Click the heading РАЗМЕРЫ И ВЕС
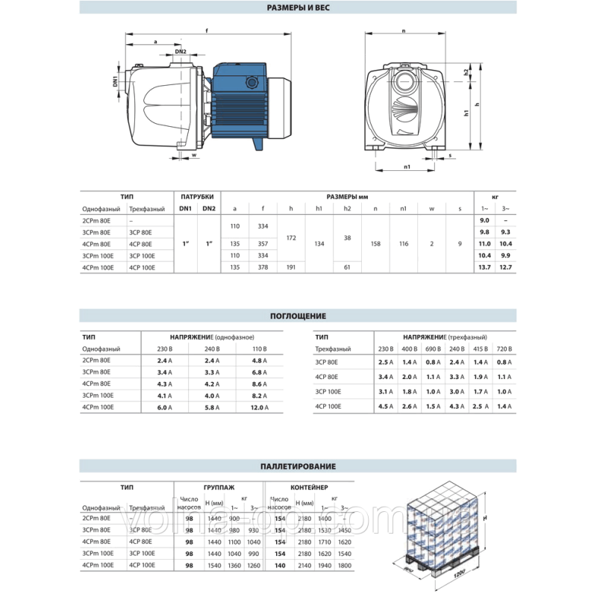298,8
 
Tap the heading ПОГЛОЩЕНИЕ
298,316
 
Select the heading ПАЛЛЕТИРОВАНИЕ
298,466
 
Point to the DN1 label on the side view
116,81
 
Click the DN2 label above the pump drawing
181,51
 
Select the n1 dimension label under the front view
407,166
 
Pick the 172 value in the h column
291,238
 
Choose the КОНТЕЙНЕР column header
307,486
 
